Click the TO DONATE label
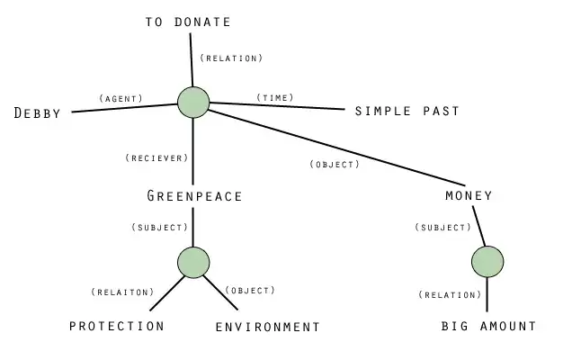[188, 22]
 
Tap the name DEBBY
[38, 113]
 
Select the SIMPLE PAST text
[407, 111]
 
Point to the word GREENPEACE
[194, 195]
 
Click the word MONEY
[469, 195]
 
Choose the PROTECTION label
[117, 326]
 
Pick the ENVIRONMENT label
[268, 327]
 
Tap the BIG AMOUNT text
[488, 326]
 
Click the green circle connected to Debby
[193, 102]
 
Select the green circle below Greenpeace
[193, 262]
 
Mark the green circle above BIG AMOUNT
[487, 262]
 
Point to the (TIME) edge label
[275, 96]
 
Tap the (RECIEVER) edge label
[156, 157]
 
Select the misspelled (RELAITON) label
[122, 292]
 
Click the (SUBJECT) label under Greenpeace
[159, 227]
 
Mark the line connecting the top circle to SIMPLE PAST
[279, 107]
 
